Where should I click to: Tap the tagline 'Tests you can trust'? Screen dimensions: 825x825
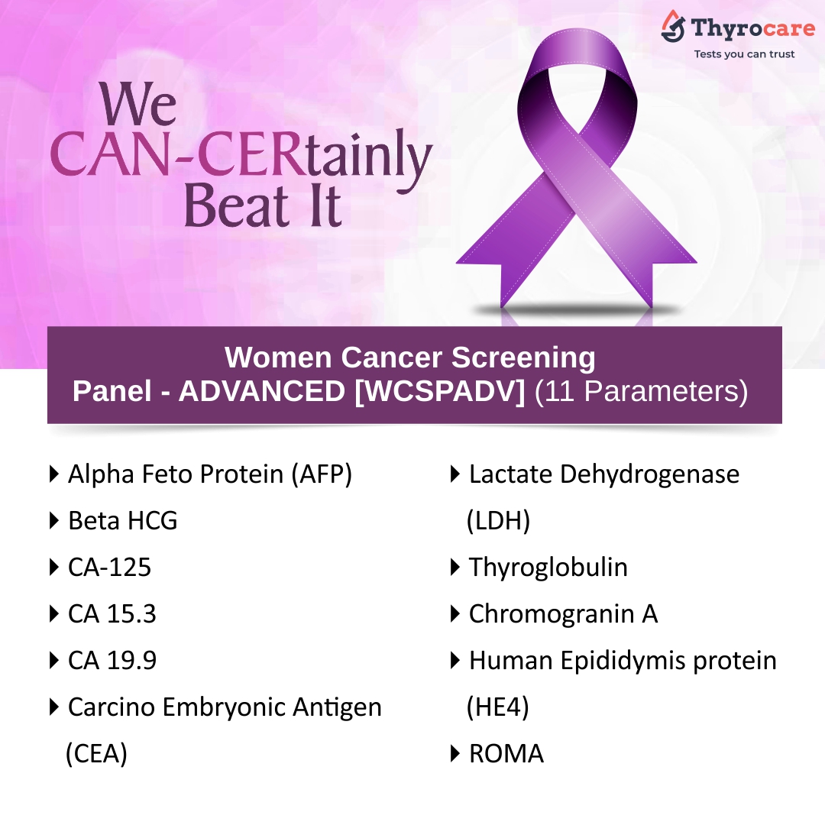point(744,54)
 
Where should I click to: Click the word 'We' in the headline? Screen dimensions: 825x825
point(137,104)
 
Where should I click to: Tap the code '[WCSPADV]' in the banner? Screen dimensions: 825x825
point(439,391)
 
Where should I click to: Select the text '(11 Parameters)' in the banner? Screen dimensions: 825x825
point(641,391)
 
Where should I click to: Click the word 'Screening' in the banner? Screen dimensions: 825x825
point(523,357)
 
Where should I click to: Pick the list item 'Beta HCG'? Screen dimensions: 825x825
point(122,521)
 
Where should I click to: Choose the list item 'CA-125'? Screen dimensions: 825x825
point(109,567)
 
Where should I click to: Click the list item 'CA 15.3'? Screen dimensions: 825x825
point(112,614)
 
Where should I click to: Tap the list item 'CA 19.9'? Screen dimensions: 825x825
point(112,660)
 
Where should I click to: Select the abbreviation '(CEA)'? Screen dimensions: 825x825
point(96,753)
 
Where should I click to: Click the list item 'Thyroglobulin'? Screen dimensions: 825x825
point(548,567)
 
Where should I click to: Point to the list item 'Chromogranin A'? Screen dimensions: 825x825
point(563,614)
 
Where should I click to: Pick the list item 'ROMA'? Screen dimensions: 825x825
point(506,753)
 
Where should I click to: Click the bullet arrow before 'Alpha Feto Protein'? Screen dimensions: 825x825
point(53,474)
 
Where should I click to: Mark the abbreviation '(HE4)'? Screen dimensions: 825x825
point(498,707)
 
